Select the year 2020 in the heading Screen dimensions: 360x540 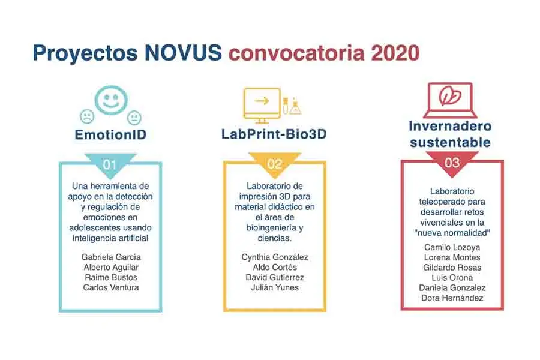[x=395, y=53]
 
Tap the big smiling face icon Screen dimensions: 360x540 [x=109, y=98]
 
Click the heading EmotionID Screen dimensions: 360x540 [x=110, y=135]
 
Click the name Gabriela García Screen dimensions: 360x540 [x=111, y=257]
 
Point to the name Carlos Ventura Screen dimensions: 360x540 [x=111, y=287]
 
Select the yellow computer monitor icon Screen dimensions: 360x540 [x=261, y=103]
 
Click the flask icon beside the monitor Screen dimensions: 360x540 [x=295, y=106]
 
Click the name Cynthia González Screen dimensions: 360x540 [x=274, y=257]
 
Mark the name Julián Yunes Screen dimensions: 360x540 [x=274, y=287]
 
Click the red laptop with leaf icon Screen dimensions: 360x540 [x=449, y=100]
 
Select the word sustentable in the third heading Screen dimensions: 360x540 [x=451, y=142]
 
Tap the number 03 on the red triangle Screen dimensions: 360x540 [x=452, y=163]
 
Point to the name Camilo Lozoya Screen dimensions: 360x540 [x=452, y=247]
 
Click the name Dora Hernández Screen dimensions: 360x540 [x=452, y=298]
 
